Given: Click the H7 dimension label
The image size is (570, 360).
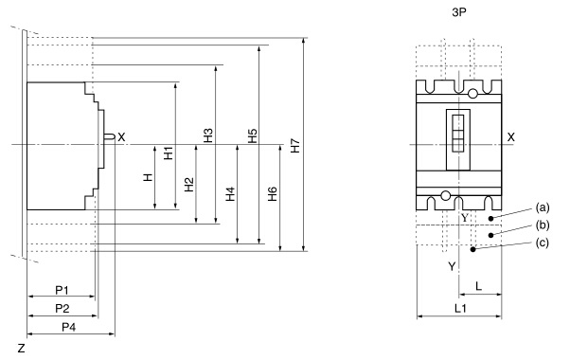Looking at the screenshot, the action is coord(295,146).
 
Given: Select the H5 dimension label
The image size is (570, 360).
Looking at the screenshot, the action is coord(252,135).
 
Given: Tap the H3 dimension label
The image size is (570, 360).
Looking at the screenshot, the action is coord(208,135).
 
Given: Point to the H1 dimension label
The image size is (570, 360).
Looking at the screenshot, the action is coord(169,153).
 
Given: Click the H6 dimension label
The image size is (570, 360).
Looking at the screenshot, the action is coord(273,194).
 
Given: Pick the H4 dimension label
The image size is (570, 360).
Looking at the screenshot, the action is coord(230,194).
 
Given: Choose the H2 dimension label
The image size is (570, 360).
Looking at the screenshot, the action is coord(189,185).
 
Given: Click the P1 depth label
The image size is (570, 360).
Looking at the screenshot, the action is coord(62,290).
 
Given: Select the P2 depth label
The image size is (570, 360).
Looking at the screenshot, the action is coord(62,308).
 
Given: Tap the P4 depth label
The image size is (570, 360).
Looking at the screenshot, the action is coord(69,327).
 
